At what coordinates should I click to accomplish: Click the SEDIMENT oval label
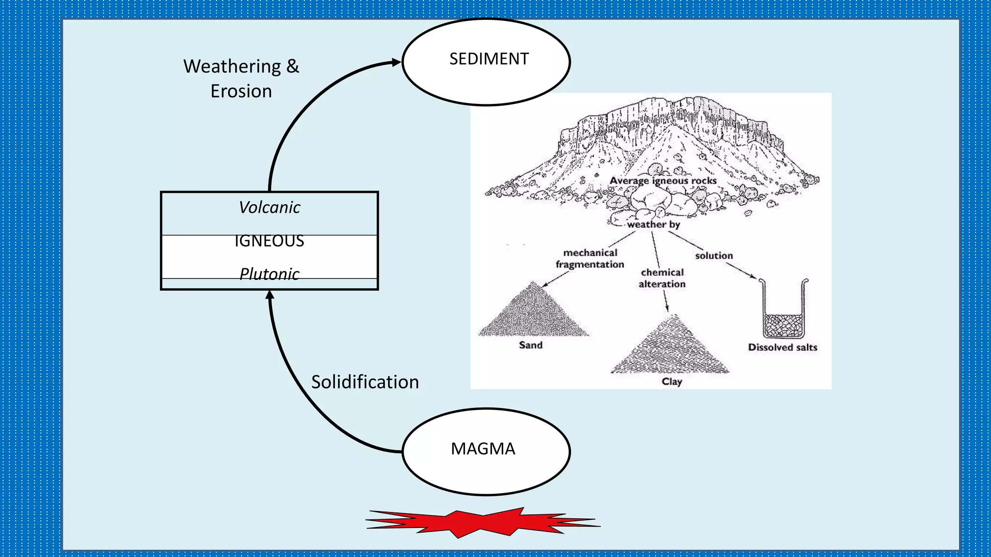[489, 59]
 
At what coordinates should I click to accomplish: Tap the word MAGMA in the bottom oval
[483, 449]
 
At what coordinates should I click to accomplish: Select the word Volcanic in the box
[270, 207]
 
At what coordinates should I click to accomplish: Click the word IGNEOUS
[270, 241]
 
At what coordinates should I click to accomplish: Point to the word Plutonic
[270, 274]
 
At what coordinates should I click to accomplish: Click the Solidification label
[365, 382]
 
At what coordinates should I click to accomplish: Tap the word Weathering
[232, 66]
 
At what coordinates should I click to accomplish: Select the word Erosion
[241, 91]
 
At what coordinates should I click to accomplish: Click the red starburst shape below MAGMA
[483, 523]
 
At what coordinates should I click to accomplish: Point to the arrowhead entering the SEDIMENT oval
[396, 62]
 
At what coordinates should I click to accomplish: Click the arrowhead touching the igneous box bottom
[270, 295]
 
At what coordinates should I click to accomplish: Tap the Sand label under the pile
[530, 345]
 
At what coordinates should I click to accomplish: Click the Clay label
[672, 381]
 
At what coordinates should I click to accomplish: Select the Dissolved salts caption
[782, 347]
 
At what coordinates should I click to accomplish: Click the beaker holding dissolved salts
[783, 312]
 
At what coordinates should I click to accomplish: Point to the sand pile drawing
[533, 314]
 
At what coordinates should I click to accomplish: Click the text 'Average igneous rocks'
[663, 181]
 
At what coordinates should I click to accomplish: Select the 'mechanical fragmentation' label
[590, 259]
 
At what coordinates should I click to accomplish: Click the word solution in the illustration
[714, 256]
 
